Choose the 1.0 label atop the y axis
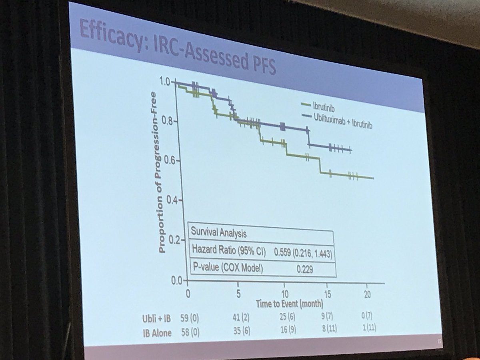(x=165, y=82)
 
